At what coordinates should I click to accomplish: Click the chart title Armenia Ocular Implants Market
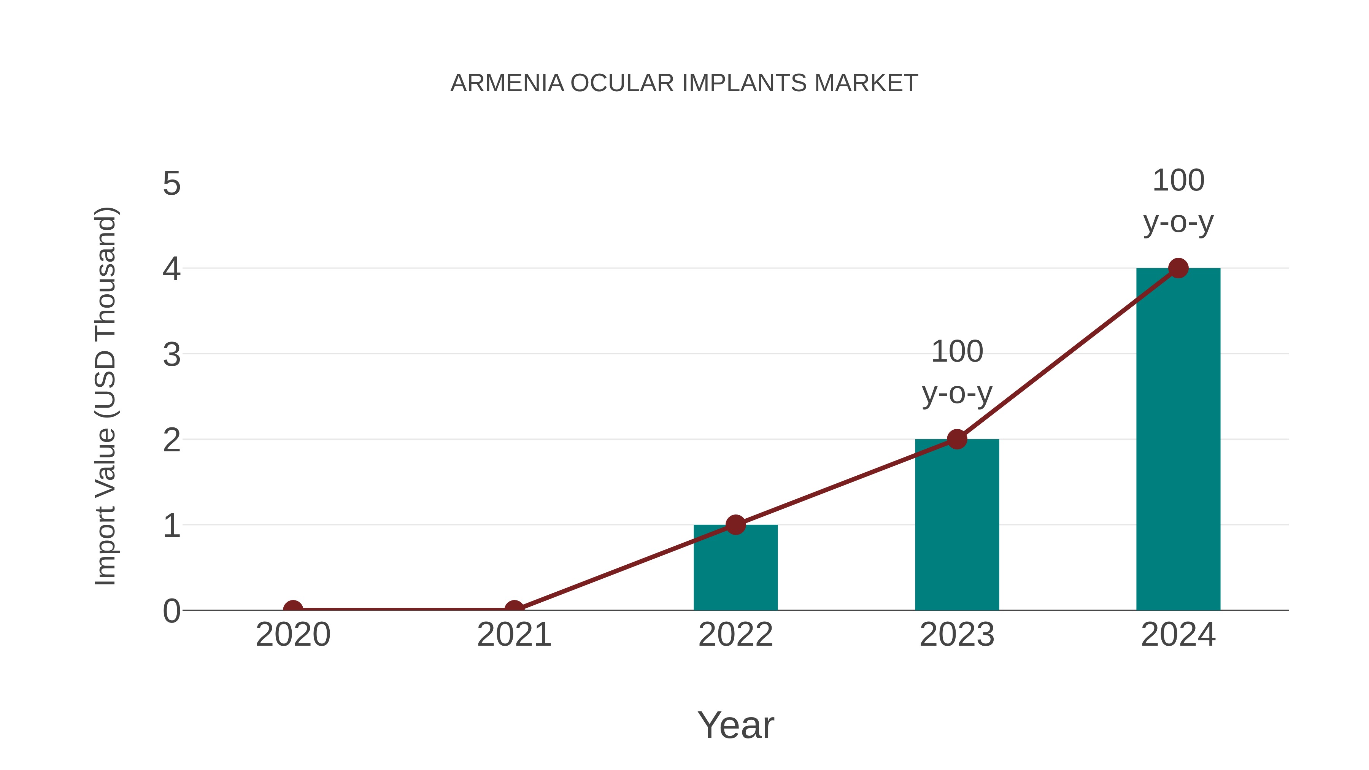[x=684, y=83]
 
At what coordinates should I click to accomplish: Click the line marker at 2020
[x=293, y=609]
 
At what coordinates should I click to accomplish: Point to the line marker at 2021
[x=514, y=609]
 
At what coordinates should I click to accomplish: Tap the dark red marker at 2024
[x=1178, y=268]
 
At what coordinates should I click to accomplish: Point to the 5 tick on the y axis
[x=172, y=184]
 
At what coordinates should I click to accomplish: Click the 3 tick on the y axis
[x=172, y=354]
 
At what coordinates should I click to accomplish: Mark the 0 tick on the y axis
[x=172, y=611]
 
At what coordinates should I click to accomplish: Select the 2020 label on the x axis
[x=293, y=635]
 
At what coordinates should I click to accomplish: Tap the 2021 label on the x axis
[x=514, y=635]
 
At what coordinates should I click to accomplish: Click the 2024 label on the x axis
[x=1178, y=635]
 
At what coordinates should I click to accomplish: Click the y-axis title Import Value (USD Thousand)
[x=105, y=397]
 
